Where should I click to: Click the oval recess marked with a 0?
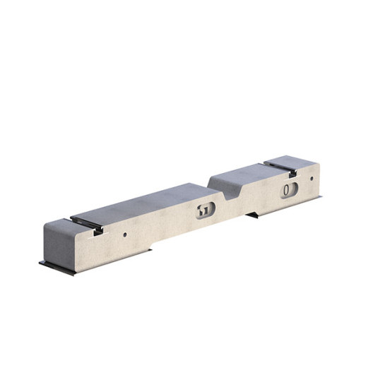coord(288,190)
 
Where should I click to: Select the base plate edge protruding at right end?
coord(320,198)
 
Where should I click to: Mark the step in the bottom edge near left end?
coord(153,249)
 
